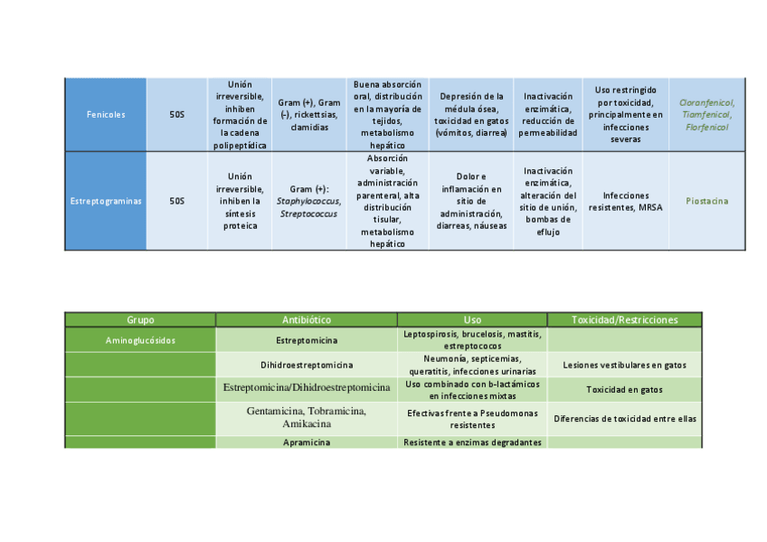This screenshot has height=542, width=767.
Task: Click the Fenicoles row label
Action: pos(106,115)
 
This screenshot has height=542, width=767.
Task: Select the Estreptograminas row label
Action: pos(106,201)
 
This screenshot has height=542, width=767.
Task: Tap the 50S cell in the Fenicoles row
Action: pos(176,115)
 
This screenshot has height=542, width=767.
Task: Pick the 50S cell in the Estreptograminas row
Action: pos(176,201)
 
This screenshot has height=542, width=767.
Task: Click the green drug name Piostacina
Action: pos(706,201)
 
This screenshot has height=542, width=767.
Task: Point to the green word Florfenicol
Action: pos(706,128)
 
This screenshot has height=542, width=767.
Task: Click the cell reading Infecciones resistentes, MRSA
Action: pos(626,201)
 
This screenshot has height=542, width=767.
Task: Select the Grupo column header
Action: pos(140,320)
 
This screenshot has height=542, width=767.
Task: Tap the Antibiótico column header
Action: pos(307,320)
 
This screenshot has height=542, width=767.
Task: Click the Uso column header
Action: pos(472,320)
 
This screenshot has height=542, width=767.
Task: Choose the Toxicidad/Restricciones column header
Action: pos(625,320)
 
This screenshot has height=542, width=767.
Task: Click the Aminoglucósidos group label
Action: pos(140,340)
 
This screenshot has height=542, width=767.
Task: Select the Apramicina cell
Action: pos(307,442)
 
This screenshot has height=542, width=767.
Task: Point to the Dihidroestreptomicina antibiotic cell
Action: pos(307,365)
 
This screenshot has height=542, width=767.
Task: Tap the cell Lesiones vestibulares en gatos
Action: pos(625,365)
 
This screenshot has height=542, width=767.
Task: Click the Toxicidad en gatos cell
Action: pos(625,390)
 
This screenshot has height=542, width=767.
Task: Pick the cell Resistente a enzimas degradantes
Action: pos(472,442)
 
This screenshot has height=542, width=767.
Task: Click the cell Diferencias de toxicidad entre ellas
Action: pos(625,419)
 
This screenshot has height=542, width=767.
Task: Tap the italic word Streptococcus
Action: pos(308,214)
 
